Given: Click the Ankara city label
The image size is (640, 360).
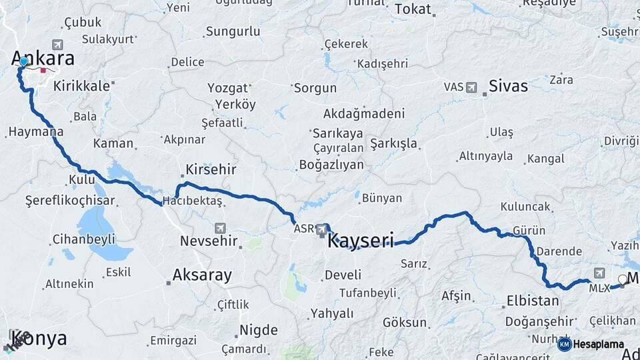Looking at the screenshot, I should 43,59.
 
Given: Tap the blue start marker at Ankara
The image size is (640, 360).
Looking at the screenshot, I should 23,62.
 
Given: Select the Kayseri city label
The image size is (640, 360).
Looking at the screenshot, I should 361,240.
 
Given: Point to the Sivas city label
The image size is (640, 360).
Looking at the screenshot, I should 508,86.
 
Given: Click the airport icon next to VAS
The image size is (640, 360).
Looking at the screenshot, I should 472,87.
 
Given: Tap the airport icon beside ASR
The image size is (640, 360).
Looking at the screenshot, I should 323,229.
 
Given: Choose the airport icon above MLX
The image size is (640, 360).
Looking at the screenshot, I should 599,273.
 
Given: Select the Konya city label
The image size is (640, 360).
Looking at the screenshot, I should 39,339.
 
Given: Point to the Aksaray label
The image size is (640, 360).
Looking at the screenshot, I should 202,275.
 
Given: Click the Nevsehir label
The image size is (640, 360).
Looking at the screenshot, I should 209,241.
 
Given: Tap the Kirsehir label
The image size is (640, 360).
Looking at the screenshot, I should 211,169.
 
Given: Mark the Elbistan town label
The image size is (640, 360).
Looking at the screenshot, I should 533,300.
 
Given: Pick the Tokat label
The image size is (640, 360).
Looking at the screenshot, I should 413,9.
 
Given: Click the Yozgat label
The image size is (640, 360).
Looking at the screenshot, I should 227,88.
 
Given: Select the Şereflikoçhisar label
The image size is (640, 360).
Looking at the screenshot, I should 70,200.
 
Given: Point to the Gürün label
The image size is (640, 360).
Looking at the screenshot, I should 529,231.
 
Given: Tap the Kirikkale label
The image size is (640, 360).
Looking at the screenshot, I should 80,86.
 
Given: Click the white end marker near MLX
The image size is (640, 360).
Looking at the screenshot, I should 623,279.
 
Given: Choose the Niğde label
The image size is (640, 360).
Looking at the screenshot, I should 258,330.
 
